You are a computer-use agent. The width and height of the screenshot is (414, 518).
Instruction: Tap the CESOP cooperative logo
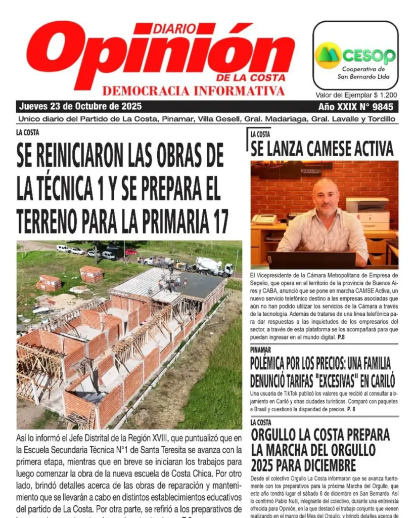point(355,55)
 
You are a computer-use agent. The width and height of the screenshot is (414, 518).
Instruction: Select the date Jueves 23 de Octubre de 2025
point(80,107)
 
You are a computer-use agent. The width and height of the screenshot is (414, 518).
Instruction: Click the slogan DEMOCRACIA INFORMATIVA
point(193,91)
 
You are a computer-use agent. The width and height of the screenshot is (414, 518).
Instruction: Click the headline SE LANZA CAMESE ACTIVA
point(322,148)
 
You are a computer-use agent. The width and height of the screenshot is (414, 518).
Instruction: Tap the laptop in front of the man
point(312,260)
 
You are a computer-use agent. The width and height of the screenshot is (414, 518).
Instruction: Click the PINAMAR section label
point(260,350)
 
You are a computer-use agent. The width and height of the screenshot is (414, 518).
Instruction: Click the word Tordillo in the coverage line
point(380,119)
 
